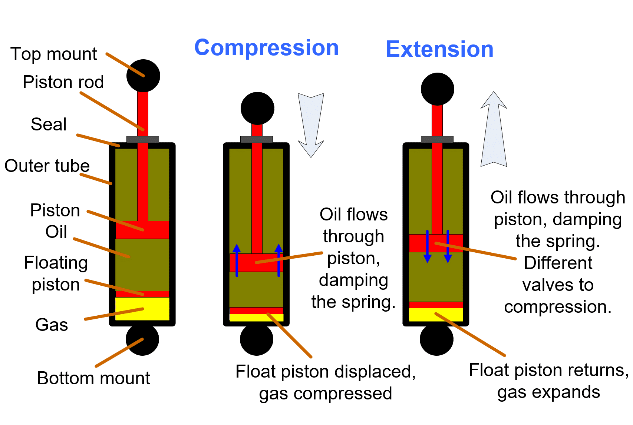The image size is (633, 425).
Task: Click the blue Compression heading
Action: pyautogui.click(x=266, y=48)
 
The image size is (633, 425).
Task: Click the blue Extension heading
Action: pyautogui.click(x=439, y=49)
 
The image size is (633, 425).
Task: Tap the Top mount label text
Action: pyautogui.click(x=54, y=54)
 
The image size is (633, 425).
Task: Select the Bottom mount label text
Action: pyautogui.click(x=93, y=378)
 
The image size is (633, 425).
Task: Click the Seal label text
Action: pyautogui.click(x=49, y=124)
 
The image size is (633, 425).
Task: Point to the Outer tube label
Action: pyautogui.click(x=47, y=166)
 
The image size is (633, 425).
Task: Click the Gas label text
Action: pyautogui.click(x=52, y=325)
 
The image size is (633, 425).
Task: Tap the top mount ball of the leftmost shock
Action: pyautogui.click(x=143, y=76)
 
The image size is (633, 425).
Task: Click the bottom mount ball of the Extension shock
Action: pyautogui.click(x=436, y=339)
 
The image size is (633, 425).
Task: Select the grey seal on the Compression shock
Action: pyautogui.click(x=256, y=139)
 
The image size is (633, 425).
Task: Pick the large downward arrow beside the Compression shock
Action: pyautogui.click(x=311, y=124)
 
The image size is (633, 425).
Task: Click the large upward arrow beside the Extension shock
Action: pyautogui.click(x=494, y=130)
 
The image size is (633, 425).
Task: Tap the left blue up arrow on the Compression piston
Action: pyautogui.click(x=237, y=260)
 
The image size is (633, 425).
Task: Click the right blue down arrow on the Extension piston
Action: pyautogui.click(x=448, y=246)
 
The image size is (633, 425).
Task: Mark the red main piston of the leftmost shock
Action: pyautogui.click(x=142, y=230)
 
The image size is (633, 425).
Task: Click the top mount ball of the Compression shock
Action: pyautogui.click(x=257, y=108)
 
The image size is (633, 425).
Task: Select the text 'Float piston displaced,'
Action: pyautogui.click(x=325, y=372)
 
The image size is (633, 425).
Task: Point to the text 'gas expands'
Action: pyautogui.click(x=548, y=392)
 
